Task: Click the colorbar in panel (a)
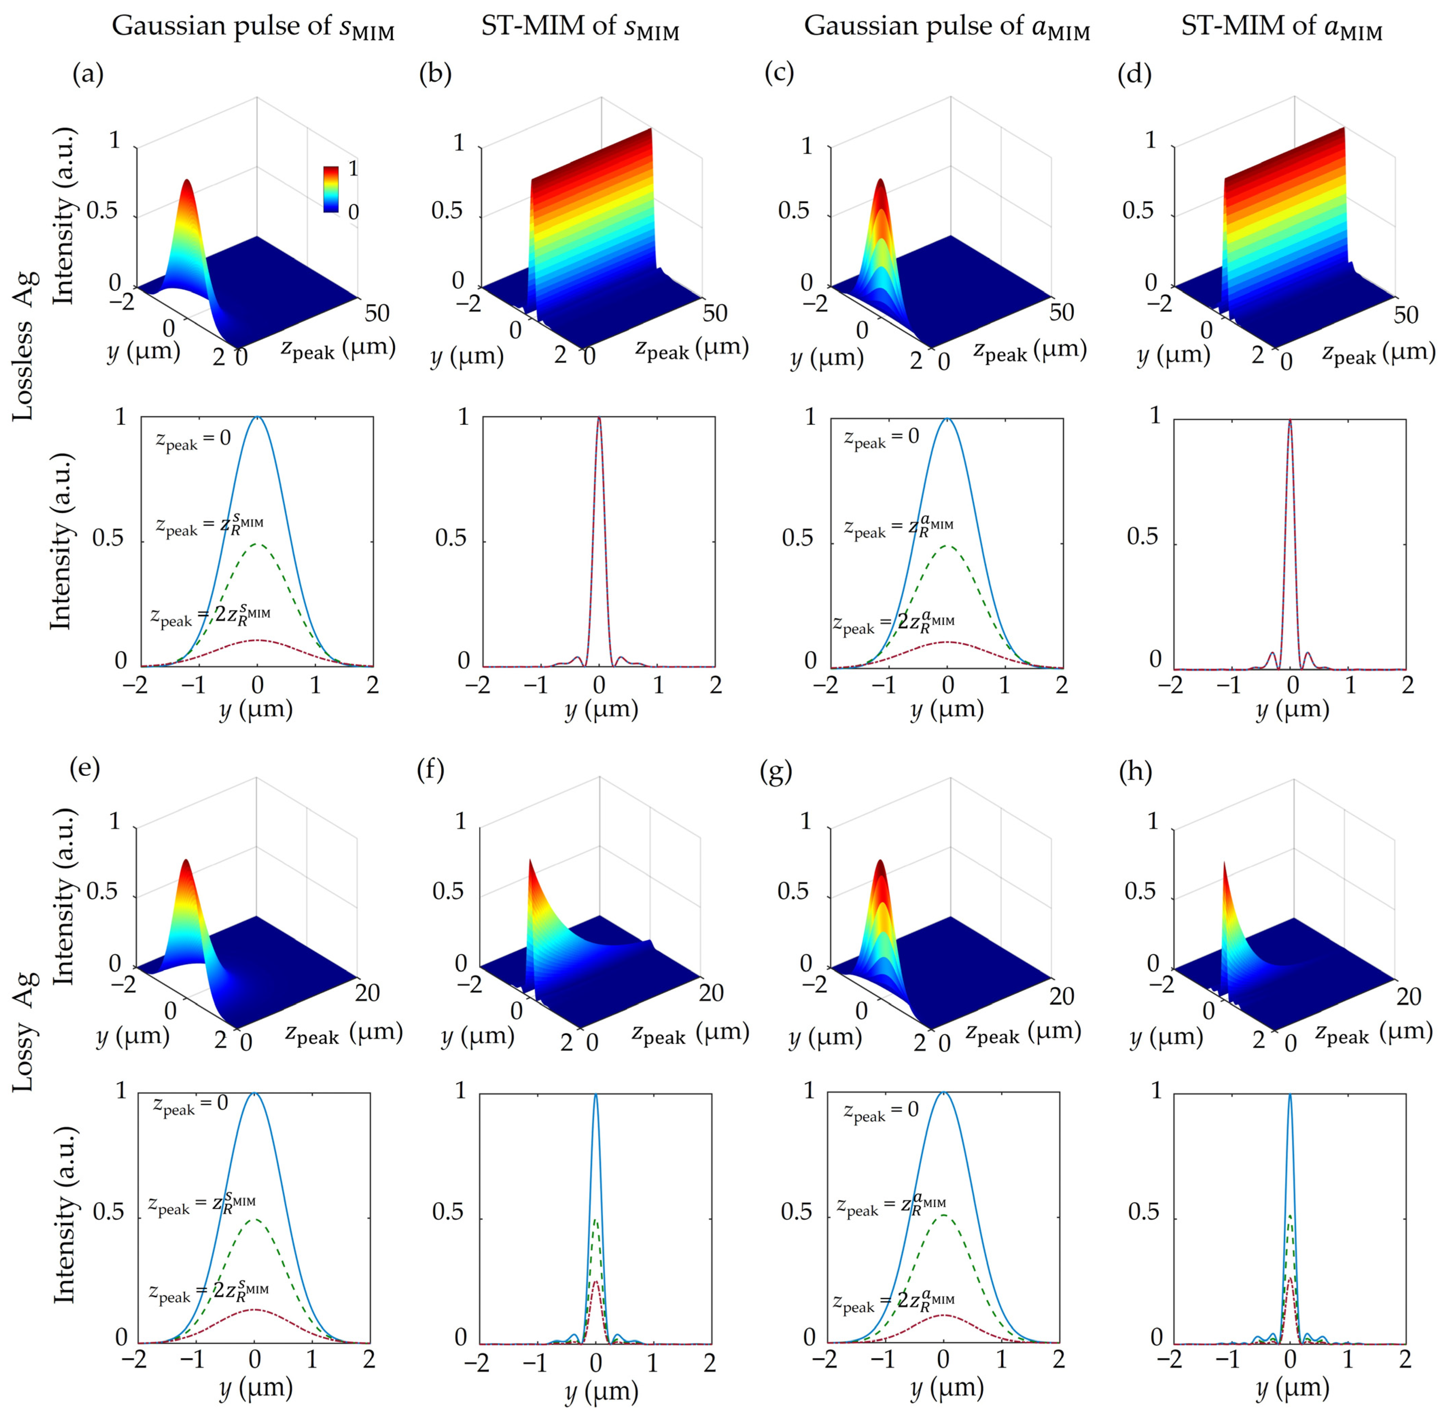[x=330, y=189]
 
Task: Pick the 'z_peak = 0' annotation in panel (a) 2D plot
[x=193, y=440]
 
